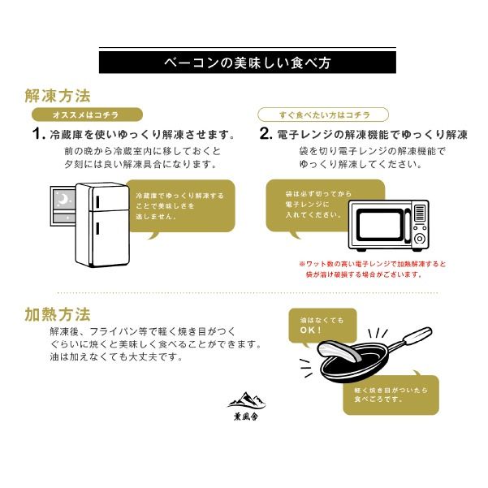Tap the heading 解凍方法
pyautogui.click(x=57, y=95)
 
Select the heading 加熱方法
pyautogui.click(x=57, y=314)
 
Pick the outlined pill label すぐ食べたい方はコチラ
pyautogui.click(x=322, y=115)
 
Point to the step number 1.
pyautogui.click(x=37, y=134)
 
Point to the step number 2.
pyautogui.click(x=264, y=134)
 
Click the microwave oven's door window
pyautogui.click(x=378, y=225)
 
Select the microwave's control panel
pyautogui.click(x=418, y=226)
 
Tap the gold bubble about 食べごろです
pyautogui.click(x=392, y=395)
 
